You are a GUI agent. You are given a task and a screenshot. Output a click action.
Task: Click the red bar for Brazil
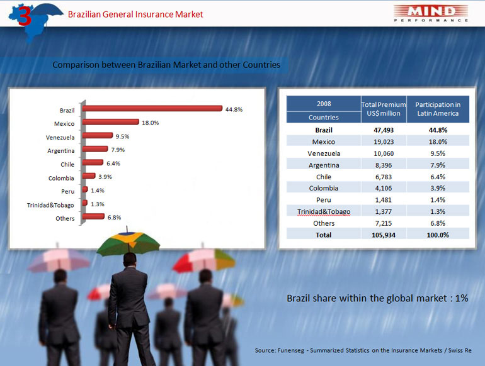(x=152, y=108)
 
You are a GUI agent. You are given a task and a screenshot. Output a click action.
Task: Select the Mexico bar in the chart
(x=110, y=122)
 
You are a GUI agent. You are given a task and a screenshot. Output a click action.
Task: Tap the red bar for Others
(x=93, y=216)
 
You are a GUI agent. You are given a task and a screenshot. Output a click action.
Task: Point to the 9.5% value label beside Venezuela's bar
(x=122, y=136)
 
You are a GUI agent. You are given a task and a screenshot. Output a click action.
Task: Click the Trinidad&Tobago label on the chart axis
(x=50, y=205)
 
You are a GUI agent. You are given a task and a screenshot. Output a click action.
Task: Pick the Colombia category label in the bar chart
(x=61, y=178)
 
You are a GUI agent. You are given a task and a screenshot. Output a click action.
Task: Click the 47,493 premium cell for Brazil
(x=384, y=130)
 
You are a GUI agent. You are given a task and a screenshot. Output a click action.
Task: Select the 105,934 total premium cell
(x=384, y=235)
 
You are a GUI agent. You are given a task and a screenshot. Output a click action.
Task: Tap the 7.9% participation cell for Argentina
(x=438, y=165)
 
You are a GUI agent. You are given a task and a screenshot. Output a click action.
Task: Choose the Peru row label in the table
(x=324, y=200)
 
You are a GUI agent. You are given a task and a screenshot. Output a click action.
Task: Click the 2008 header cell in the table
(x=324, y=104)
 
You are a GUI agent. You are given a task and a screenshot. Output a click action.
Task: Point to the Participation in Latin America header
(x=438, y=109)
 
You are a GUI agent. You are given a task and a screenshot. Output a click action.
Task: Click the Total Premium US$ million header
(x=384, y=109)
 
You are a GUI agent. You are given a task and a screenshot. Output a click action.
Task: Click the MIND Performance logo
(x=431, y=14)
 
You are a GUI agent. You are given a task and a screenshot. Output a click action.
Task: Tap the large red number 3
(x=25, y=16)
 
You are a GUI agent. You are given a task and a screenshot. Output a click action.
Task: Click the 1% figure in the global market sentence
(x=462, y=298)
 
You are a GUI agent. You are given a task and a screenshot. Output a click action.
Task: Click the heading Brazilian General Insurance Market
(x=135, y=14)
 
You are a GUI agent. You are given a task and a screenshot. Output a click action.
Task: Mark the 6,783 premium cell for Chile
(x=384, y=177)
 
